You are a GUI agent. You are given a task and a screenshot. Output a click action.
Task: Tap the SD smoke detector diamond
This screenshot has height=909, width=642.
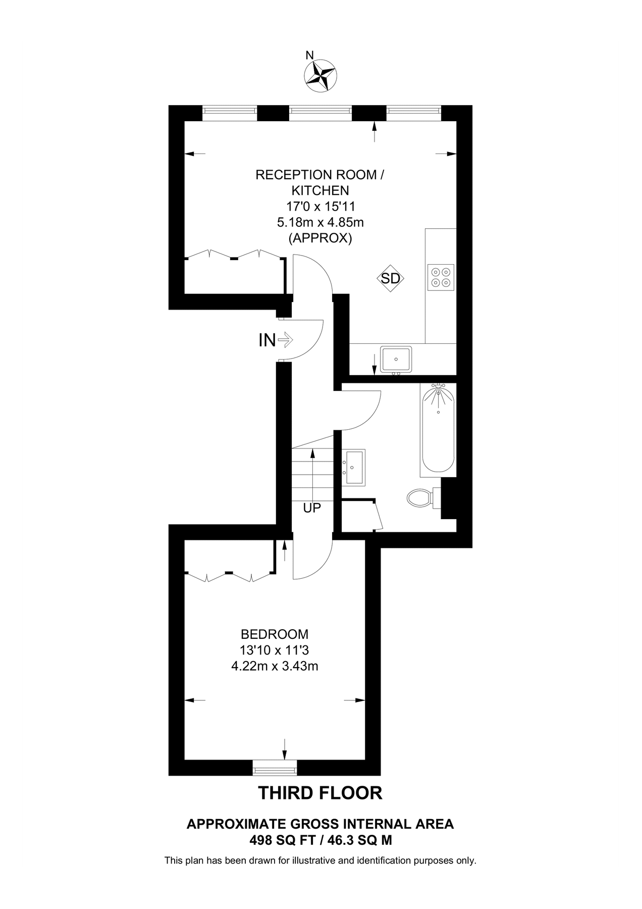point(391,278)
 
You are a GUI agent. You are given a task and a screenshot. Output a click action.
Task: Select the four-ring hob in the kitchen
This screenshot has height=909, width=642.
point(441,277)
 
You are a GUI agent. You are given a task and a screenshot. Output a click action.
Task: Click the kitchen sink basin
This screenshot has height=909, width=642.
point(396,359)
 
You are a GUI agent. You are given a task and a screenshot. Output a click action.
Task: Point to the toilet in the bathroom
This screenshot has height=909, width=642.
point(419,498)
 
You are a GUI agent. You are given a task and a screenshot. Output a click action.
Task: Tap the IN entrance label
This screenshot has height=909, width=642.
point(267,340)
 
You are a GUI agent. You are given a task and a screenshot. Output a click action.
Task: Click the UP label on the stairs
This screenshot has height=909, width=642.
point(312,508)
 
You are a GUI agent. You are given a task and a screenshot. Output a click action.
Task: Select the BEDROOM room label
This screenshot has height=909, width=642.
point(275,634)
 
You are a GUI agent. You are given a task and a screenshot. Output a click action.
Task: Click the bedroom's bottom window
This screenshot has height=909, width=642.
point(275,770)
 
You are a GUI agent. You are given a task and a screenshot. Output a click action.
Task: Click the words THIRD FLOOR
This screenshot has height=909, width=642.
point(320,793)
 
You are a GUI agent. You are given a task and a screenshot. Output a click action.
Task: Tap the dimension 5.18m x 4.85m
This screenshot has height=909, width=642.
point(320,222)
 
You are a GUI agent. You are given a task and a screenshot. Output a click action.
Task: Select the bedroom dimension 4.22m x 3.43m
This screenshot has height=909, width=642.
point(275,666)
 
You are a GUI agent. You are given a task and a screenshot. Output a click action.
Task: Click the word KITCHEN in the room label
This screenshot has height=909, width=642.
point(320,190)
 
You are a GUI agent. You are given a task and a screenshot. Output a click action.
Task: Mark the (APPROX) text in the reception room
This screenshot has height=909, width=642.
point(320,238)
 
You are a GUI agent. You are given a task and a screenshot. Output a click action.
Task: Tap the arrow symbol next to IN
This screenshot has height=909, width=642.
point(285,340)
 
